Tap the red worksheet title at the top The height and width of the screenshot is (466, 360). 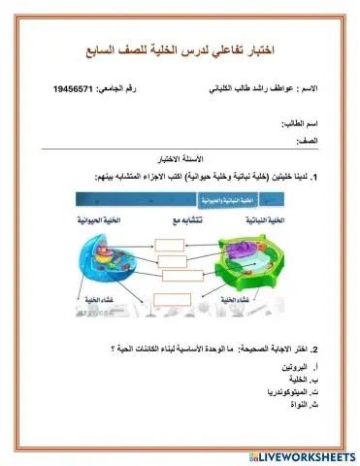180,49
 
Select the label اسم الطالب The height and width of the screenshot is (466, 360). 301,124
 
